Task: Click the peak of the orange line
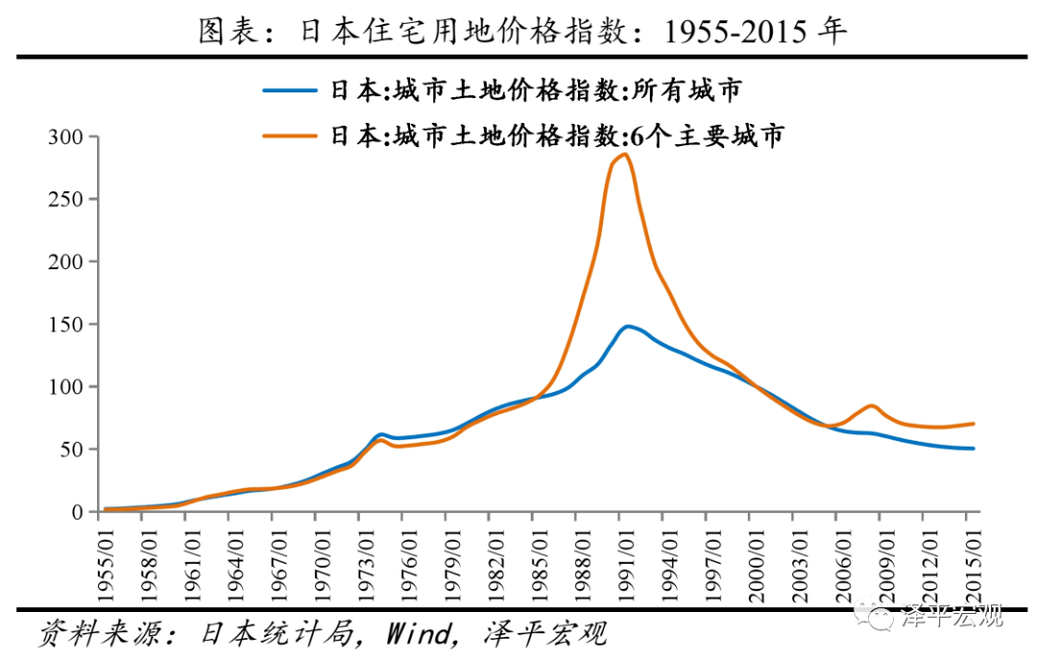624,155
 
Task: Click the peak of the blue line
628,327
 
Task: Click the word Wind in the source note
418,634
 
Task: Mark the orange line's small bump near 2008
870,405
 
